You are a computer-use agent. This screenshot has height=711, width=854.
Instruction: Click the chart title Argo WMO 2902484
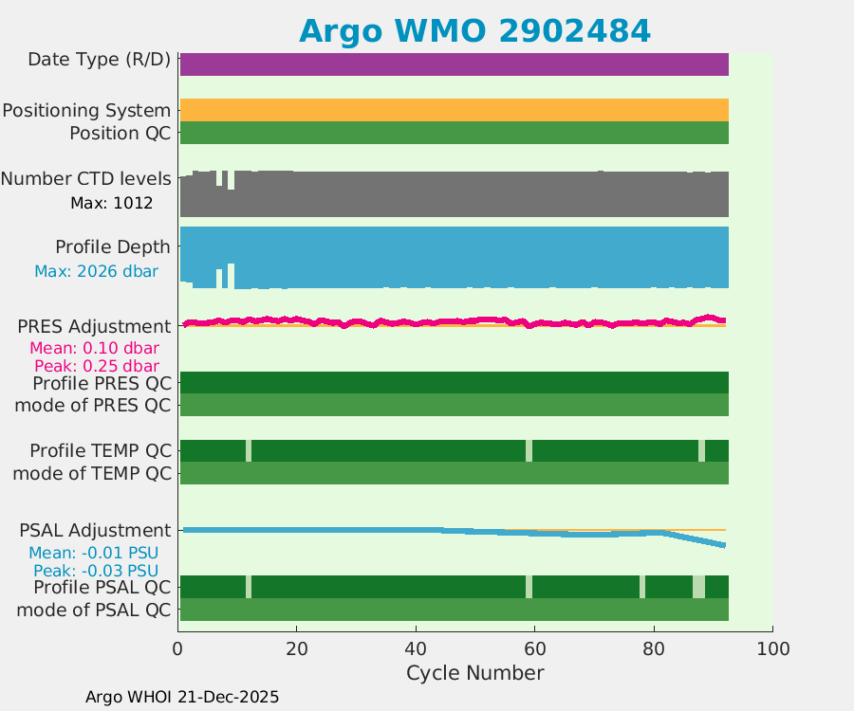474,30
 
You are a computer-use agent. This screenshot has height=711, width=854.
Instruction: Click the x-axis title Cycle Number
474,673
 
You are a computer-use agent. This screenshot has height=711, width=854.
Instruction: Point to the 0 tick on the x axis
177,649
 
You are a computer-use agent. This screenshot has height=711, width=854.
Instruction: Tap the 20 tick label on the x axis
297,649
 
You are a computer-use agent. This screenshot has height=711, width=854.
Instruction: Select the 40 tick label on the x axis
416,649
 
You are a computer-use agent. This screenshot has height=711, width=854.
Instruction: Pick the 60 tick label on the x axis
534,649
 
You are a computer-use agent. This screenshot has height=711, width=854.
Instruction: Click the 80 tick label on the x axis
654,649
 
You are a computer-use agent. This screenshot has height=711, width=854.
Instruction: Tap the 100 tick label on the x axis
772,649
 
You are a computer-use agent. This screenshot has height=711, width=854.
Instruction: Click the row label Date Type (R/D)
100,60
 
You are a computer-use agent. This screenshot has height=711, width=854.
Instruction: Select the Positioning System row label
86,110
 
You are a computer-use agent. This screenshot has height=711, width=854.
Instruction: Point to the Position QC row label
120,133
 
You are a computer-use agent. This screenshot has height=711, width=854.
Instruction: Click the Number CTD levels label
85,178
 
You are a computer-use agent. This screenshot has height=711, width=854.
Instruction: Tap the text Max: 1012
112,203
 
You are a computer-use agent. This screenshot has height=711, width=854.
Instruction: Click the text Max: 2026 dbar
96,271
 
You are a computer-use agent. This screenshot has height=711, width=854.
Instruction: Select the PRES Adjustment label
94,326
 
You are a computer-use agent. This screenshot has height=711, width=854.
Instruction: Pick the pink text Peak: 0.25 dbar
96,366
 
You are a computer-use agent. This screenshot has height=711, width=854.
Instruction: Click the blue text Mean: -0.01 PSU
93,553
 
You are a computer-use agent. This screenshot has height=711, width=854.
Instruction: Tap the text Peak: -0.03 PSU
95,571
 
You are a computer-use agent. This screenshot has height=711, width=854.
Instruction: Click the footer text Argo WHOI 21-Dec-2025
182,697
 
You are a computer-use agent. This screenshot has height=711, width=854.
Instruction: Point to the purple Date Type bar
454,64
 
